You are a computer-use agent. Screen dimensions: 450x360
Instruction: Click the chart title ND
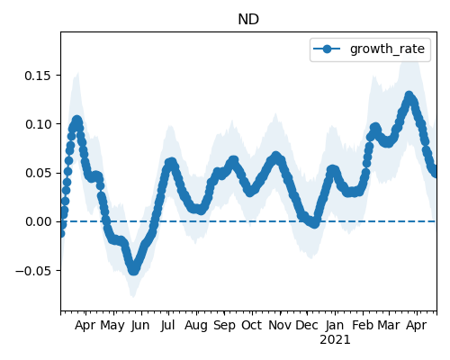pyautogui.click(x=248, y=20)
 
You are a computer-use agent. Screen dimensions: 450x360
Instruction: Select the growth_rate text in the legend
pyautogui.click(x=387, y=49)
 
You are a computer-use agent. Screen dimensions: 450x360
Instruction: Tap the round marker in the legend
pyautogui.click(x=327, y=49)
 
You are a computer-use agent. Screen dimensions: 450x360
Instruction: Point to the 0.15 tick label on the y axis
pyautogui.click(x=38, y=76)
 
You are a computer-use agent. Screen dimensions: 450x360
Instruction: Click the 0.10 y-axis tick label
pyautogui.click(x=38, y=124)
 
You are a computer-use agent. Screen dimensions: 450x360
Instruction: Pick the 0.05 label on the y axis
pyautogui.click(x=38, y=173)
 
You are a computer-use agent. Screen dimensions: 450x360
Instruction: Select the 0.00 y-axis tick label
pyautogui.click(x=38, y=221)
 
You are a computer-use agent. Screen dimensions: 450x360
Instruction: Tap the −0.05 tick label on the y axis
pyautogui.click(x=33, y=271)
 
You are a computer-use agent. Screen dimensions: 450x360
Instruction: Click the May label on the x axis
pyautogui.click(x=112, y=326)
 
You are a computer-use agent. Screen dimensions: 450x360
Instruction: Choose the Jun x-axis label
pyautogui.click(x=140, y=326)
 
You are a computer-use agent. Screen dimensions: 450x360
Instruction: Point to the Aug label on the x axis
pyautogui.click(x=196, y=326)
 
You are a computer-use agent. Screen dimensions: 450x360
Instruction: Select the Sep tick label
pyautogui.click(x=224, y=326)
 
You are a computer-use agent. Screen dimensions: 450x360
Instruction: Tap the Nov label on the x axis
pyautogui.click(x=280, y=326)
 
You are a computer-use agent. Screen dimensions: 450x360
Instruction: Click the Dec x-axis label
pyautogui.click(x=307, y=326)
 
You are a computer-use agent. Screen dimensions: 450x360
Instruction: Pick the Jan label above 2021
pyautogui.click(x=335, y=326)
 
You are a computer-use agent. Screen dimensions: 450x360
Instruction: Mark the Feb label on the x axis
pyautogui.click(x=363, y=326)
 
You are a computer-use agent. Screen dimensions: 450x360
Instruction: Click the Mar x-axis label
pyautogui.click(x=389, y=326)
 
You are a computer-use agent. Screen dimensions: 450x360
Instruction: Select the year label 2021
pyautogui.click(x=335, y=340)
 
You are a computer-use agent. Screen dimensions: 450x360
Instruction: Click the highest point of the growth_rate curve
pyautogui.click(x=409, y=95)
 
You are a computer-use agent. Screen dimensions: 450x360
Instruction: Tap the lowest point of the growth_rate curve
pyautogui.click(x=134, y=271)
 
